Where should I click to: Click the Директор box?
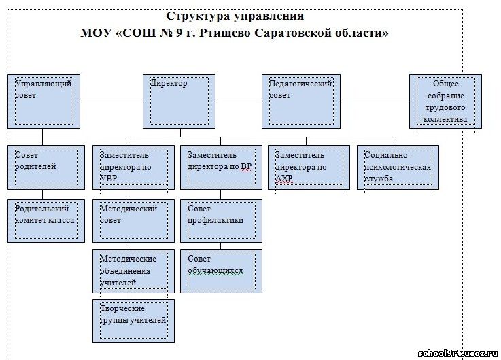[x=179, y=101]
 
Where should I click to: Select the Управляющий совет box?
[x=44, y=101]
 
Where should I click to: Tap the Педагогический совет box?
[x=301, y=101]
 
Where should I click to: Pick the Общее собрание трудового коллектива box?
[x=445, y=101]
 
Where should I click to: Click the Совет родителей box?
[x=46, y=168]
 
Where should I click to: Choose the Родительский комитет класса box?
[x=46, y=221]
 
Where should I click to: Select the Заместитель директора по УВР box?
[x=133, y=168]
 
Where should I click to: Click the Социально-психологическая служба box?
[x=398, y=168]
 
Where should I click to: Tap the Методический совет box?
[x=133, y=221]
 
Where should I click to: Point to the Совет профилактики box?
[x=221, y=221]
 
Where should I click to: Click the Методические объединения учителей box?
[x=133, y=271]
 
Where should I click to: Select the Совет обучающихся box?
[x=221, y=271]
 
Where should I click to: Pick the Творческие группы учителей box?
[x=133, y=321]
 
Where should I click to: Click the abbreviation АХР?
[x=283, y=179]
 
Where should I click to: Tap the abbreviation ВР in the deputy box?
[x=246, y=166]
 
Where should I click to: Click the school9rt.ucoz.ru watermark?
[x=458, y=353]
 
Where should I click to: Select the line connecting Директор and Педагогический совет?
[x=239, y=101]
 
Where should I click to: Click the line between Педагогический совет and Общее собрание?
[x=375, y=101]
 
